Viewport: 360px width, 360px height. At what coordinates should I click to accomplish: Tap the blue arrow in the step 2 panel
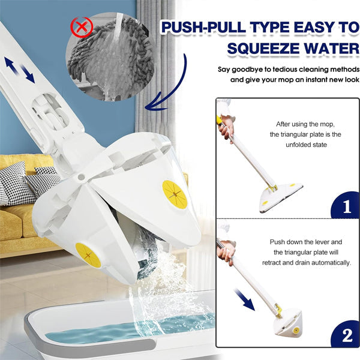click(245, 298)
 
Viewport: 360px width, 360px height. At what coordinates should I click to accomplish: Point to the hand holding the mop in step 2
click(226, 253)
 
